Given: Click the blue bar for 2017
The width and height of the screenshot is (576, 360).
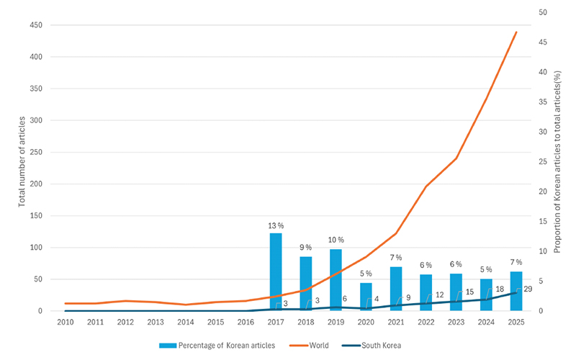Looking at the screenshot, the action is point(276,272).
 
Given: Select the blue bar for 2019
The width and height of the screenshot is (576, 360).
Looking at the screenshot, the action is point(336,280).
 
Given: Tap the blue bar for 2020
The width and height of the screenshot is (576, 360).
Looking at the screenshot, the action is point(366,297).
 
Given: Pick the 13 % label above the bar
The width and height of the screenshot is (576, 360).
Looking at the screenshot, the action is point(276,225).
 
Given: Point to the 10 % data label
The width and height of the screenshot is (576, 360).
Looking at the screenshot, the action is point(336,240).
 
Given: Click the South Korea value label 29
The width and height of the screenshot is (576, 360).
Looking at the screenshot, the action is point(528,289).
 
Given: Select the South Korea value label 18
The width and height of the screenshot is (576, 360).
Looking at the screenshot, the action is point(500,289).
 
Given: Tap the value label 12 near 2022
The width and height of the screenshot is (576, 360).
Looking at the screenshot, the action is point(440,294).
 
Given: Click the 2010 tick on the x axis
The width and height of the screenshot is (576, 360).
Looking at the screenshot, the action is point(66,322).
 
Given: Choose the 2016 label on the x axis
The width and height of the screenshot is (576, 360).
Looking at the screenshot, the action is point(246,322).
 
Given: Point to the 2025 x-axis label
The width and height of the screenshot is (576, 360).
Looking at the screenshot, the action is point(516,322).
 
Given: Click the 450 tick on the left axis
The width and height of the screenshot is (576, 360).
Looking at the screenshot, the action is point(36,25).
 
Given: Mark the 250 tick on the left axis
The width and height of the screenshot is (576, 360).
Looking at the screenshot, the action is point(36,152).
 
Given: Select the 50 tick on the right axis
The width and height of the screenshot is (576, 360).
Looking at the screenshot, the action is point(543,12).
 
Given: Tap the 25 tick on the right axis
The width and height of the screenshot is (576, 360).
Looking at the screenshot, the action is point(543,161).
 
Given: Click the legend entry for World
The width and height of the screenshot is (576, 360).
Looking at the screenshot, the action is point(310,346).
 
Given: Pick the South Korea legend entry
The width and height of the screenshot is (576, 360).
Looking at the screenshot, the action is point(372,346).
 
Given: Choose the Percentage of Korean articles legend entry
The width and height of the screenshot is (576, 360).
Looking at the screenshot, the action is point(217,346).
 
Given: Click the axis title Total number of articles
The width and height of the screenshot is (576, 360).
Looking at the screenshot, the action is point(22,161).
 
